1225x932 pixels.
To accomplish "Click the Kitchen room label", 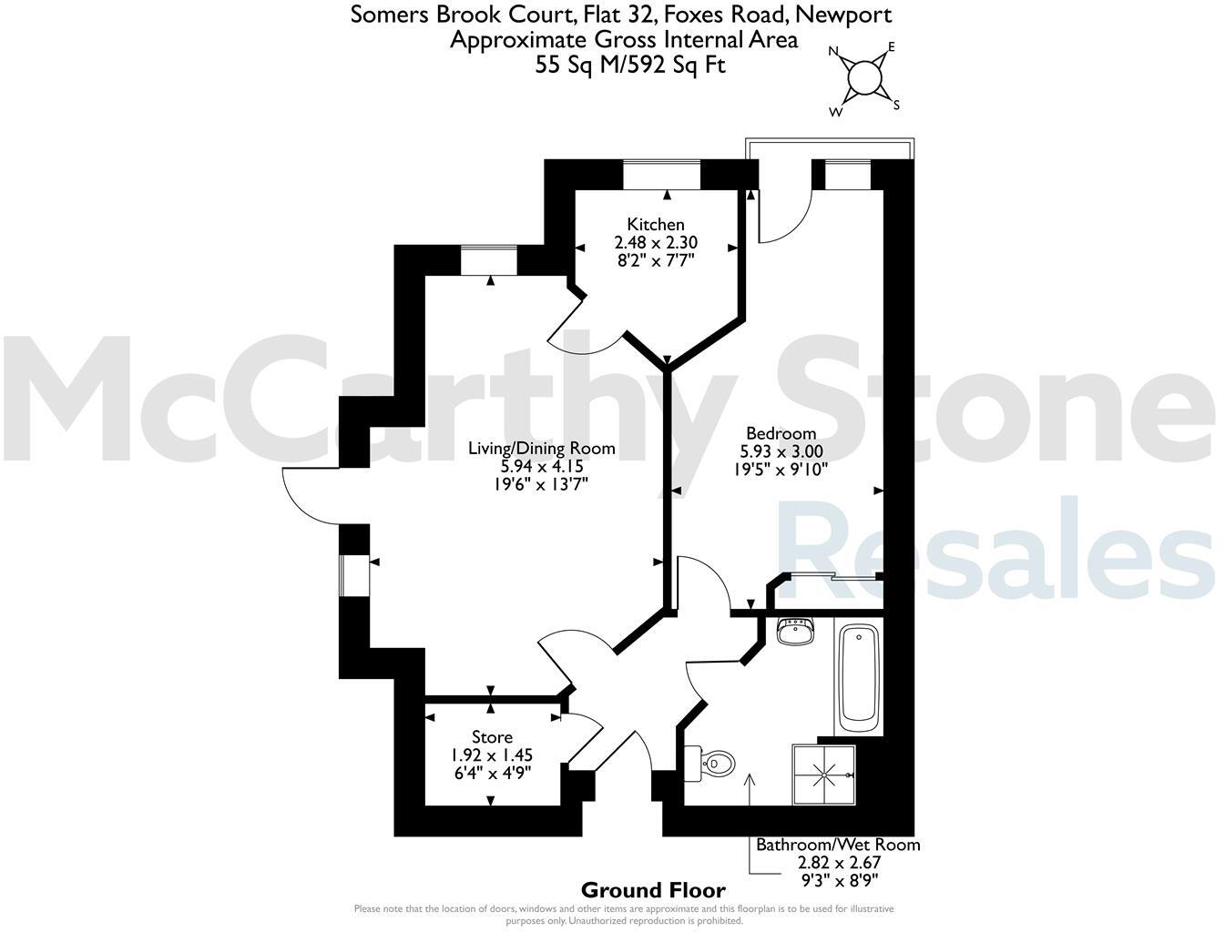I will point(656,224).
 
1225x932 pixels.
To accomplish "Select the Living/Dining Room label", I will point(541,448).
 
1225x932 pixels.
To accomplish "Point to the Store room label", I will point(492,737).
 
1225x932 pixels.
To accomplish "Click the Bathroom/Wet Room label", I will point(838,845).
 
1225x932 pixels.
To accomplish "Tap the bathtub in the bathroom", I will point(858,678).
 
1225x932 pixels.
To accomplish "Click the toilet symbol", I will point(711,763).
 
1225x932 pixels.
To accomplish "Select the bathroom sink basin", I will point(796,632).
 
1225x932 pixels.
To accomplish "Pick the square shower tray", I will point(824,775).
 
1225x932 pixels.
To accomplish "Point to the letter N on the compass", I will point(832,52).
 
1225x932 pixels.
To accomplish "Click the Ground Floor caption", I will point(653,890).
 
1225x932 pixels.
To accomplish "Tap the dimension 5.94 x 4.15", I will point(541,466).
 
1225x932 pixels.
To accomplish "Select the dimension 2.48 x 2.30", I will point(656,242).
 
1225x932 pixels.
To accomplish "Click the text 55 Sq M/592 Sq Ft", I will point(631,65).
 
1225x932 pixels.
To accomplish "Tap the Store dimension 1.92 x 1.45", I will point(492,755).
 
